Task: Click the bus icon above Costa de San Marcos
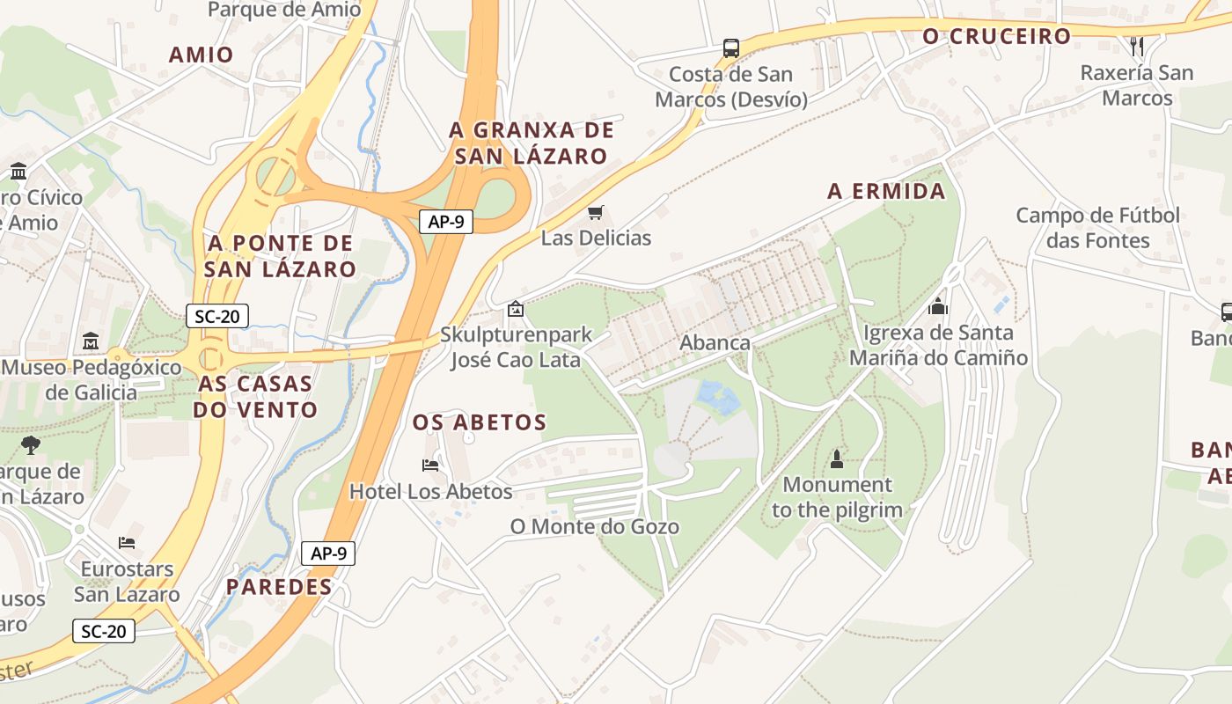730,48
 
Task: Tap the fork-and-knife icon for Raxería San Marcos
1137,46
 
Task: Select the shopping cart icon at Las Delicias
596,213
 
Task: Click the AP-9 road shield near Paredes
328,554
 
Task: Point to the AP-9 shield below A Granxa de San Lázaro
445,222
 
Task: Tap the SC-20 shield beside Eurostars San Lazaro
104,631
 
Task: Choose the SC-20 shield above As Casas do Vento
217,316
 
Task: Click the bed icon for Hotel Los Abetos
430,465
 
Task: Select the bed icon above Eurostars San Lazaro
127,542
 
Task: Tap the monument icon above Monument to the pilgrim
836,458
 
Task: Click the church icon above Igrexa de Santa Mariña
937,306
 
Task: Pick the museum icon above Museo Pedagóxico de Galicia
90,341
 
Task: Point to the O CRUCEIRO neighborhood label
996,36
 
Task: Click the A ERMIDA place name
886,191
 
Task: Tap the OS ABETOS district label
480,422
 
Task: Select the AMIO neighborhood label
202,55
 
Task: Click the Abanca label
715,343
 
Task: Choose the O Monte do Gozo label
595,527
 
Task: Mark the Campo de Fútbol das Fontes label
1097,228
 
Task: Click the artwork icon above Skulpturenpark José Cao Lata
515,309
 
